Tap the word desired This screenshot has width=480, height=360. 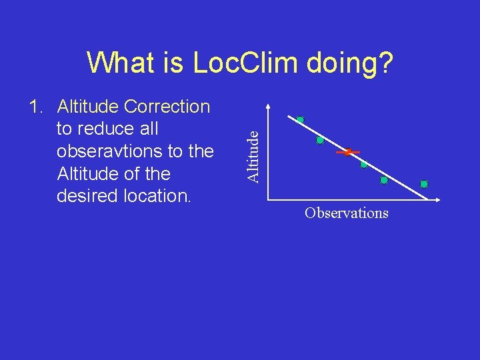(88, 196)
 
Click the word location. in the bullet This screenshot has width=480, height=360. (157, 196)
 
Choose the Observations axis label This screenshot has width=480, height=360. (346, 213)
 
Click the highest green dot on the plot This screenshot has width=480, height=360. (300, 120)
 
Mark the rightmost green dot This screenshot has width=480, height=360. (424, 184)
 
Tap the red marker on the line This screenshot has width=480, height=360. (347, 152)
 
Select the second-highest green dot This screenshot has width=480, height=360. (320, 141)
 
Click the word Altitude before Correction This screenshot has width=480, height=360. (88, 107)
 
